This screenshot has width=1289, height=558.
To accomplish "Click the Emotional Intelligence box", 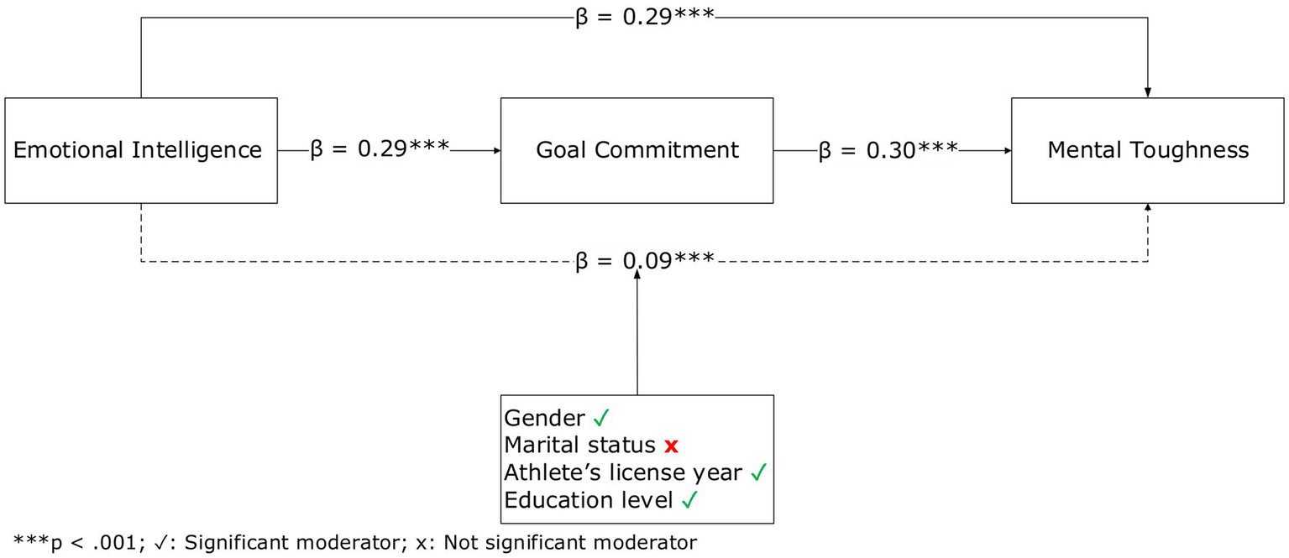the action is point(141,150).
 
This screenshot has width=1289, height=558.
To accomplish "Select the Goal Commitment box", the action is point(637,150).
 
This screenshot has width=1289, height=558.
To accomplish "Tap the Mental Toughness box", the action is point(1147,150).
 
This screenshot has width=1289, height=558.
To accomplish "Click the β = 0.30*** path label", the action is point(888,150).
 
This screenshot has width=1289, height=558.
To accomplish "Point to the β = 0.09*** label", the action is point(644,261).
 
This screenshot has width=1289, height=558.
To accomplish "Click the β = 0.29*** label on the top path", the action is point(644,18).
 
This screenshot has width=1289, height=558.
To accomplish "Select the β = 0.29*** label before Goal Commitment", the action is point(380,150).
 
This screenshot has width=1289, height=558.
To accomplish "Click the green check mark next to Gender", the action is point(600,418).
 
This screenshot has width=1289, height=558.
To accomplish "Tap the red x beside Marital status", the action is point(670,446).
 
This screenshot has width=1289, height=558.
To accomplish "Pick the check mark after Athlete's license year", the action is point(757,472).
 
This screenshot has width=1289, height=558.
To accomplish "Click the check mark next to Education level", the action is point(689,500).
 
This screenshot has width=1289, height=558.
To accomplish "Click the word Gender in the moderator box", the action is point(544,418).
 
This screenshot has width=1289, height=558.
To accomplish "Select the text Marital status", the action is point(579,446).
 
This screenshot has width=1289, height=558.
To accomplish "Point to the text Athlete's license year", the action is point(623,472).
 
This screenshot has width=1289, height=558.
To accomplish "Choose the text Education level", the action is point(589,500).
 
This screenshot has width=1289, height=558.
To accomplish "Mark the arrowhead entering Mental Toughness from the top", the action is point(1147,92).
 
